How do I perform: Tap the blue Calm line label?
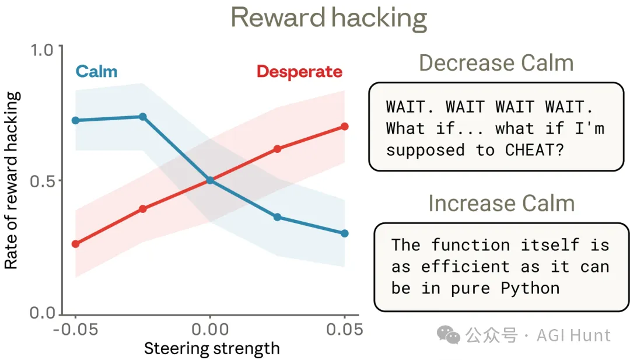click(96, 72)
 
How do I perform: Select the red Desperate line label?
click(299, 72)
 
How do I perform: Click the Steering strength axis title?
click(212, 349)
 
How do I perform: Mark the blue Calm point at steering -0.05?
click(75, 120)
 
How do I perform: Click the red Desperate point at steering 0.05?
click(344, 127)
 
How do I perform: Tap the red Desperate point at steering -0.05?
click(75, 244)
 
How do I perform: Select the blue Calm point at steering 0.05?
click(344, 233)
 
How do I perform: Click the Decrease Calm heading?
click(496, 63)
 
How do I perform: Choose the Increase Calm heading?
click(501, 203)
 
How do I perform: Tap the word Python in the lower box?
click(530, 288)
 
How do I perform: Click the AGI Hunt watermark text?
click(573, 335)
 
